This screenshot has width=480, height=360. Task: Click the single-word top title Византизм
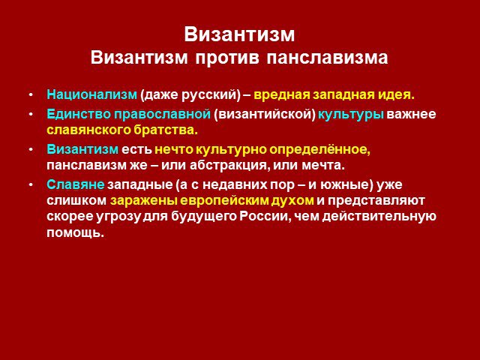click(x=239, y=34)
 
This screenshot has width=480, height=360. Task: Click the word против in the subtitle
click(x=226, y=58)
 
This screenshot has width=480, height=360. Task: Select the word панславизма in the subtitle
click(x=327, y=58)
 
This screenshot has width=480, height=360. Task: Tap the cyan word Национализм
click(x=91, y=94)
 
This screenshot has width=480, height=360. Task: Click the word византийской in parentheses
click(x=265, y=115)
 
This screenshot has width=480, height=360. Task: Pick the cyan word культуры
click(x=351, y=115)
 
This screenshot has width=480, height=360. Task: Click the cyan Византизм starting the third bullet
click(x=82, y=149)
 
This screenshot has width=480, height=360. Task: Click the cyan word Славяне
click(x=76, y=184)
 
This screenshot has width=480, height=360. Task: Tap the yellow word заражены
click(x=143, y=201)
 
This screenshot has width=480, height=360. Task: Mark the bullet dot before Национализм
click(x=31, y=95)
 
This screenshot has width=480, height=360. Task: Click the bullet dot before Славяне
click(x=31, y=185)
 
